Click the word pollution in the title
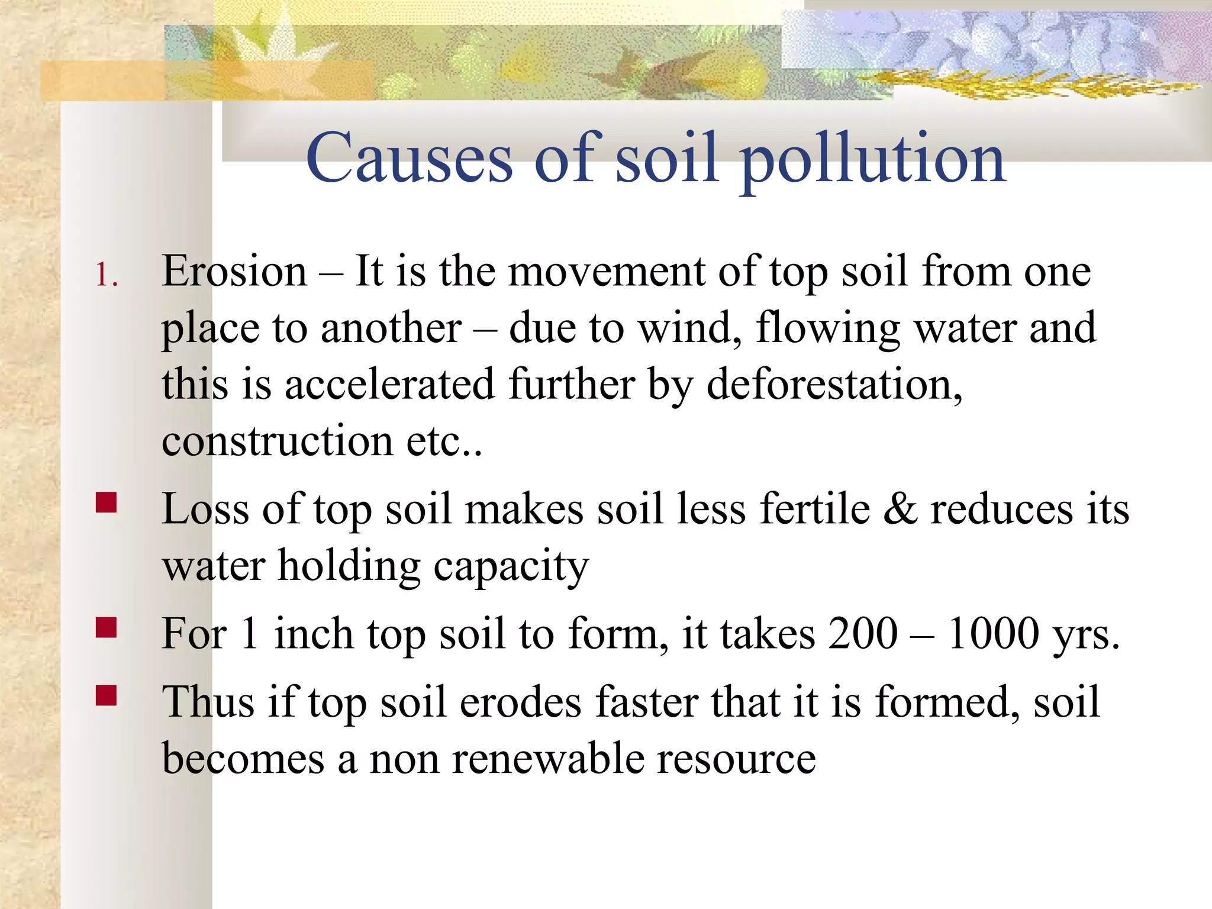point(873,160)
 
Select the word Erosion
point(234,272)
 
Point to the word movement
point(607,272)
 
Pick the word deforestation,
point(834,385)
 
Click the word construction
point(278,441)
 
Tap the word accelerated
point(389,385)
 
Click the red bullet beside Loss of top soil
point(107,503)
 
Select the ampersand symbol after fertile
point(900,510)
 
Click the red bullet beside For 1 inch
point(107,627)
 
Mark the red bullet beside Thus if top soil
point(107,696)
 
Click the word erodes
point(521,702)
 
